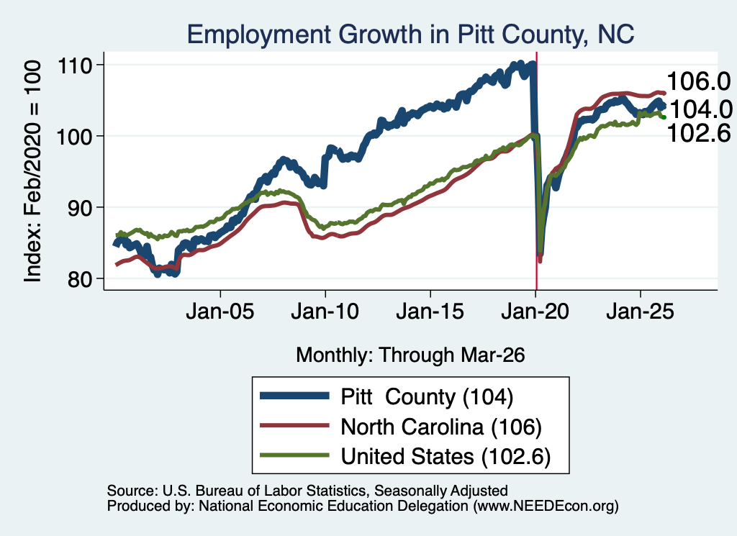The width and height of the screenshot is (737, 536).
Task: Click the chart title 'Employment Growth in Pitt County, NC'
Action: coord(410,35)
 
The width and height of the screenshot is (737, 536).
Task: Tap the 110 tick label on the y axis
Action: coord(74,65)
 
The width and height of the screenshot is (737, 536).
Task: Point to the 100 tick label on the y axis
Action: coord(74,137)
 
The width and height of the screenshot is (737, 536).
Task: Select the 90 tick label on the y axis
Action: coord(80,208)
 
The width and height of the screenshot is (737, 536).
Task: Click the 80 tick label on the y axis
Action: coord(80,279)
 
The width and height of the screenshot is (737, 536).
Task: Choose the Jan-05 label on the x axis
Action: coord(220,312)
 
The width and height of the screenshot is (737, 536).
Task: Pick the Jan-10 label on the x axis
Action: coord(325,312)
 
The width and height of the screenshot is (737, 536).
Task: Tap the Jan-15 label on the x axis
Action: coord(430,312)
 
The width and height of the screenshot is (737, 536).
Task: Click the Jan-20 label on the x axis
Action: coord(535,312)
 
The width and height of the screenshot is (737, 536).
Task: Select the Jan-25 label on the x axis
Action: coord(640,312)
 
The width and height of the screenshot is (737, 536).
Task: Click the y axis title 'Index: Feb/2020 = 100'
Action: coord(33,171)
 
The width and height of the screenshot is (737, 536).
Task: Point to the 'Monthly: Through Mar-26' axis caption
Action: coord(410,355)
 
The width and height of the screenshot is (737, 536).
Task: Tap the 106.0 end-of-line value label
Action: coord(698,81)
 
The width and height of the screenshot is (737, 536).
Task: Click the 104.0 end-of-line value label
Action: coord(700,110)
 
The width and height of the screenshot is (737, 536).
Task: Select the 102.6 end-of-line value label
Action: coord(698,133)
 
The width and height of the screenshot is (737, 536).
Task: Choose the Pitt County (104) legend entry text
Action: coord(427,397)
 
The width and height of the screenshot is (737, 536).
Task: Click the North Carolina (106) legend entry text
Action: coord(441,427)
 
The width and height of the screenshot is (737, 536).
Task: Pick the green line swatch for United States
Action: coord(294,455)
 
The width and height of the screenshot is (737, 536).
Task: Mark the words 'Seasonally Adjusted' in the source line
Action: coord(441,491)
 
